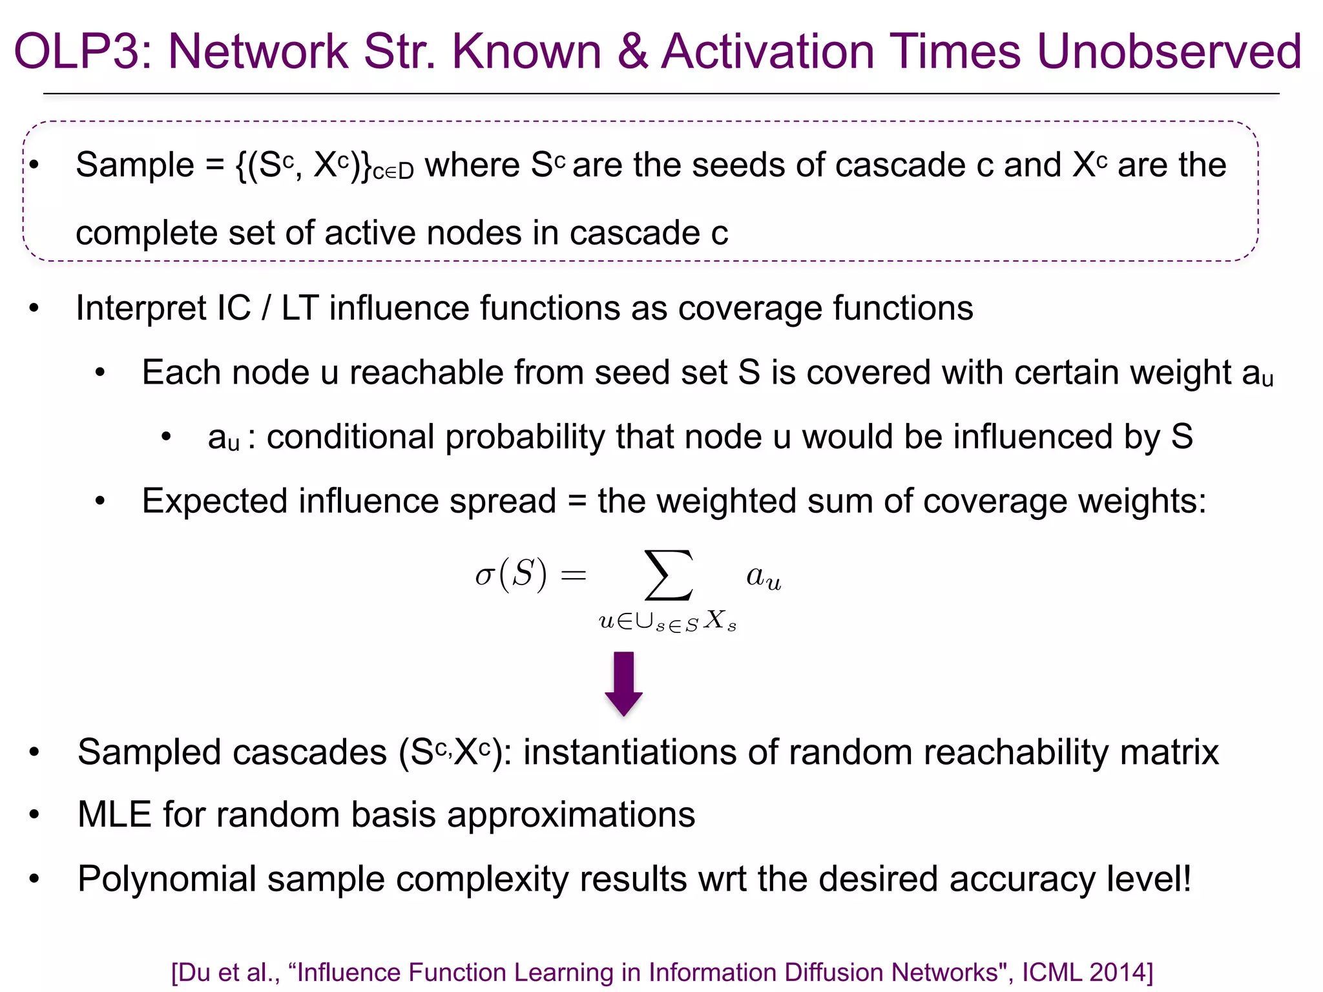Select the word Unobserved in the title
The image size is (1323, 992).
pyautogui.click(x=1169, y=52)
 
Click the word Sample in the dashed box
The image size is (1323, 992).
pyautogui.click(x=135, y=165)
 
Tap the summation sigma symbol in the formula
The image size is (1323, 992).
pyautogui.click(x=669, y=575)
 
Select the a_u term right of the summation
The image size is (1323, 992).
pyautogui.click(x=764, y=577)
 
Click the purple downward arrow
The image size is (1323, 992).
pyautogui.click(x=623, y=683)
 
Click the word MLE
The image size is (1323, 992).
pyautogui.click(x=114, y=815)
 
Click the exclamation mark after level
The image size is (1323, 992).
pyautogui.click(x=1186, y=878)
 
